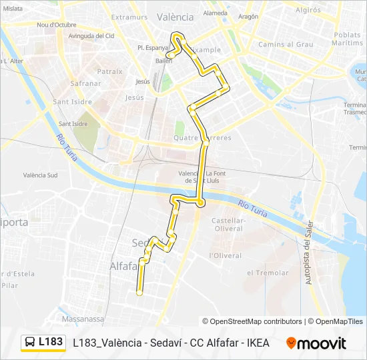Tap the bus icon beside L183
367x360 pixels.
(x=30, y=343)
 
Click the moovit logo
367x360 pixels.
(x=316, y=343)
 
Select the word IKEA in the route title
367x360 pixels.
(x=258, y=343)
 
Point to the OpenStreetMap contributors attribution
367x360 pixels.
(x=252, y=321)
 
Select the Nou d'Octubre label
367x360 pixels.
(x=57, y=25)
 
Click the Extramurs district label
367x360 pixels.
(x=129, y=17)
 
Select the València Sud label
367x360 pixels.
(x=40, y=175)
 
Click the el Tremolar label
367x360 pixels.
(x=268, y=273)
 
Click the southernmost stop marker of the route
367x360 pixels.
(x=139, y=293)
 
